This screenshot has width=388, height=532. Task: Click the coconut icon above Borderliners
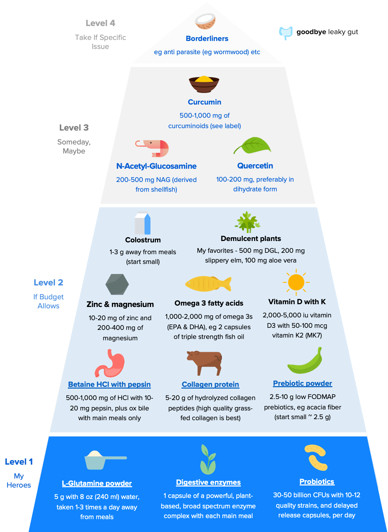click(x=205, y=21)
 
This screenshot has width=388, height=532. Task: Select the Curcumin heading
click(x=204, y=102)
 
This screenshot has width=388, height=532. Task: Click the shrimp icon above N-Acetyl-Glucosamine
click(x=153, y=148)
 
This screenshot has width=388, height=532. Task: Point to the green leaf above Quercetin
click(x=253, y=146)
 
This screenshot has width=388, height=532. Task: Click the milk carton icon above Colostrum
click(x=143, y=223)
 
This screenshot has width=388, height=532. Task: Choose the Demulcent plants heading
click(x=251, y=239)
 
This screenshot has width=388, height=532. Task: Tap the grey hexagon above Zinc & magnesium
click(x=117, y=284)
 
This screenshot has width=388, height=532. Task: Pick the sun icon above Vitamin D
click(x=296, y=282)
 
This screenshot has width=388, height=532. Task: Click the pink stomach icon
click(x=110, y=364)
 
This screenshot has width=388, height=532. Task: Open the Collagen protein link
click(x=210, y=384)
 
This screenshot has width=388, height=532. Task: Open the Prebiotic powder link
click(x=302, y=383)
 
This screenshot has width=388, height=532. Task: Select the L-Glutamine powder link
click(x=97, y=483)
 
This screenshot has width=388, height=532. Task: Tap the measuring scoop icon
click(x=104, y=459)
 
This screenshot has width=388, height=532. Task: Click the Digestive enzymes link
click(x=208, y=482)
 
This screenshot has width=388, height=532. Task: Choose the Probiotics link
click(x=317, y=482)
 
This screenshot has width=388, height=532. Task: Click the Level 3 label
click(x=74, y=128)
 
